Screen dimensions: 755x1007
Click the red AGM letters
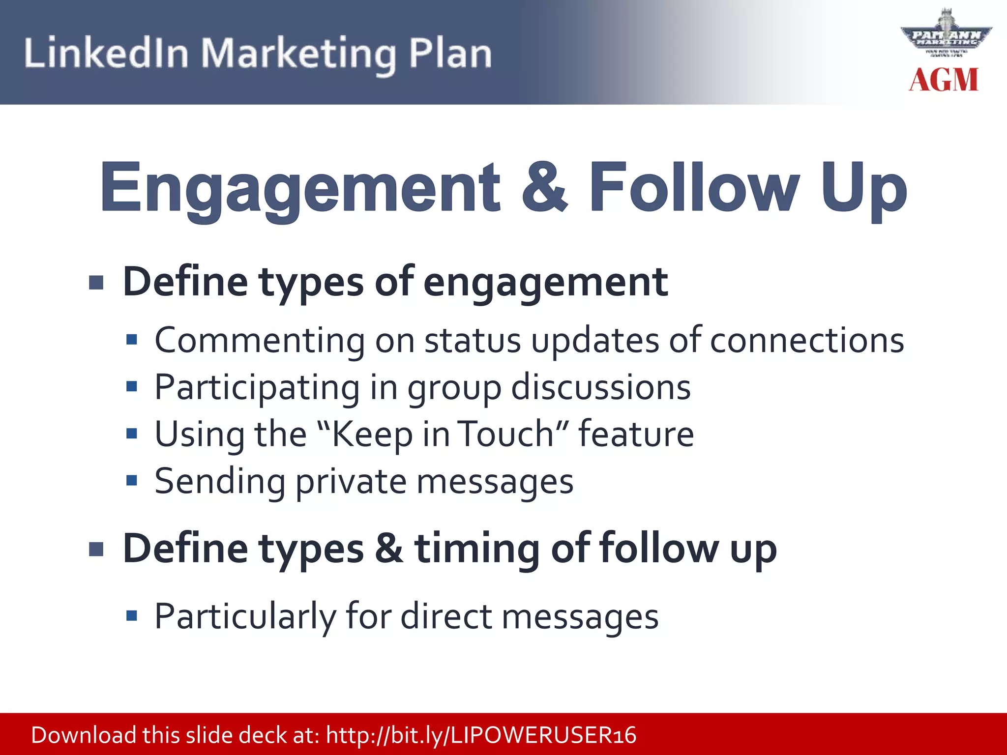click(944, 80)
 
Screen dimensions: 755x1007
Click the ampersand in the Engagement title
click(544, 188)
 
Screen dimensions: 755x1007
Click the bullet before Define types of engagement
click(96, 283)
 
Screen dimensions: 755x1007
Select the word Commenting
click(260, 340)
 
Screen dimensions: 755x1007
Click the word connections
click(807, 340)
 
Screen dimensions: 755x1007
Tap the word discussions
click(601, 388)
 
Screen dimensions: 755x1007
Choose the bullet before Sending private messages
click(131, 480)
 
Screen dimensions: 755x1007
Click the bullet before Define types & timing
click(96, 549)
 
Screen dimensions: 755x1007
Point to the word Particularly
click(245, 616)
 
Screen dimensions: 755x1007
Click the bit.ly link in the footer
click(481, 735)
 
